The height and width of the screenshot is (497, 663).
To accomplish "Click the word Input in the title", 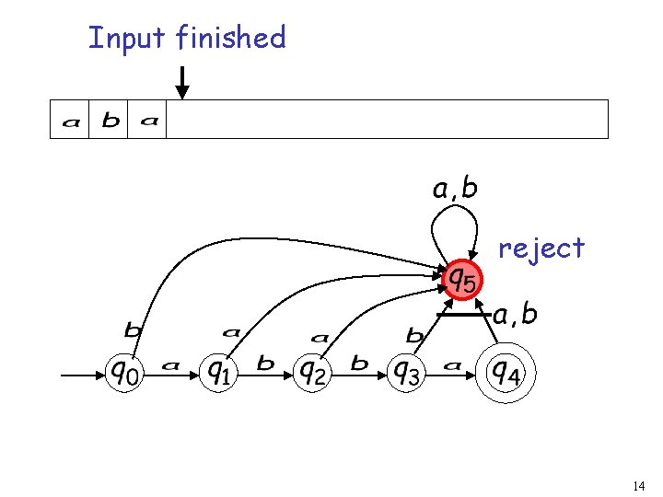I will coord(127,39).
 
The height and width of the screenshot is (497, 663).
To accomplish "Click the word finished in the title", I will coord(231,38).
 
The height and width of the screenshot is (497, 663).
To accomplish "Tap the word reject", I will coord(541,248).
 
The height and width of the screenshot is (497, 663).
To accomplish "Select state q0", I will coord(126,372).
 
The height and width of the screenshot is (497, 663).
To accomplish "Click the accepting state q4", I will coord(504,372).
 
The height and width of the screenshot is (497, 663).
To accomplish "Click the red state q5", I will coord(461,277).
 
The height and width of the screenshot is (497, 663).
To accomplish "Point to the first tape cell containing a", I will coord(70,121).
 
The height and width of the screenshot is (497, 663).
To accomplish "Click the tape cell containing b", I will coord(110,120).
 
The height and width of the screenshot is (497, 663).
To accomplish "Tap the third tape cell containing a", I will coord(148,121).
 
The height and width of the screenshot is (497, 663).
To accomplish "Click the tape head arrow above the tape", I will coord(182,83).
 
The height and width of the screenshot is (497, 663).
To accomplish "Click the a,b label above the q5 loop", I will coord(455,190).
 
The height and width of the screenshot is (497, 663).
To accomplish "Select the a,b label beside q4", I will coord(516,316).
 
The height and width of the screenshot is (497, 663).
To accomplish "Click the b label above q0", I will coord(134,329).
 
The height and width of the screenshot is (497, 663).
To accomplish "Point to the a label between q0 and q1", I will coord(170,365).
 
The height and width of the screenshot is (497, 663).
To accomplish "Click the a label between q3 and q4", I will coord(453,365).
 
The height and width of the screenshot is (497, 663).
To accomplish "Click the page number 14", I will coord(640,485).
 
